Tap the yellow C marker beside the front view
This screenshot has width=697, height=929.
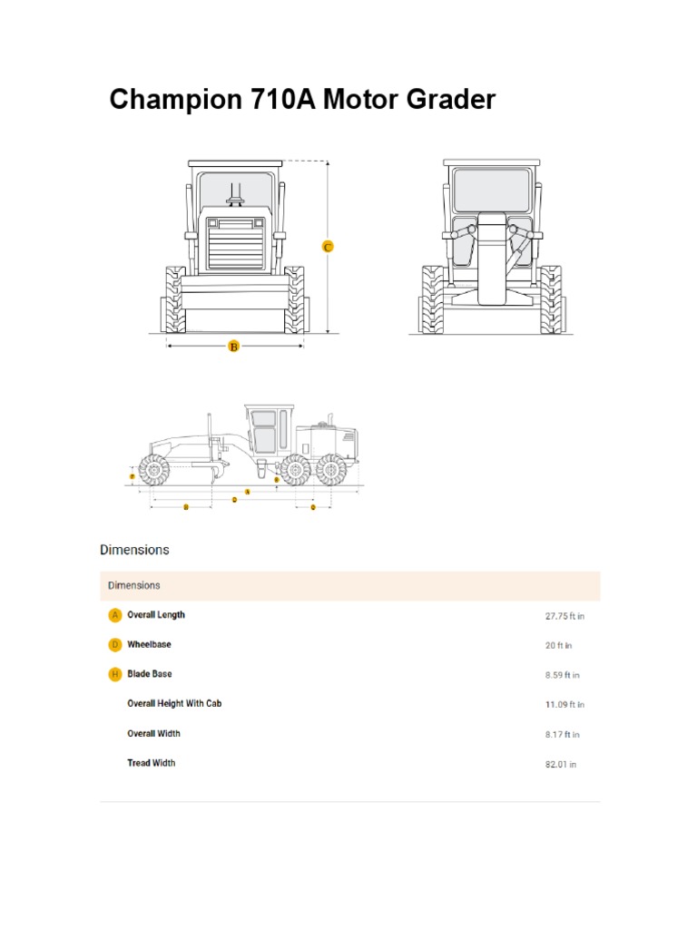[329, 247]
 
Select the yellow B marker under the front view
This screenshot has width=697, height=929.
[233, 346]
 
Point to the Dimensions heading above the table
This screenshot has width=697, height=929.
[134, 550]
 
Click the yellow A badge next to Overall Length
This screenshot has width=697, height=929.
[114, 615]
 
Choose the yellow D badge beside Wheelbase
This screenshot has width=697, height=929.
[114, 645]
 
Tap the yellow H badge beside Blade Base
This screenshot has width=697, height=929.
[114, 674]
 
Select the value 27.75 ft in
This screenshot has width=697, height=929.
[564, 616]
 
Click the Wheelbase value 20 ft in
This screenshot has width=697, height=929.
[558, 646]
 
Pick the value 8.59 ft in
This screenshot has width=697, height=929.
[562, 675]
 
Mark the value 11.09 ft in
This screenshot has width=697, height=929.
[564, 705]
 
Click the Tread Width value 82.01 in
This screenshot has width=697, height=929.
[560, 765]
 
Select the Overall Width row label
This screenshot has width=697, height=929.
[153, 733]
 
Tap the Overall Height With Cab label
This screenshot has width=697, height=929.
[174, 703]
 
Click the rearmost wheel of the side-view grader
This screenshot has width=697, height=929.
[331, 470]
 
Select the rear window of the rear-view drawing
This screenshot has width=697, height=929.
[490, 189]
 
